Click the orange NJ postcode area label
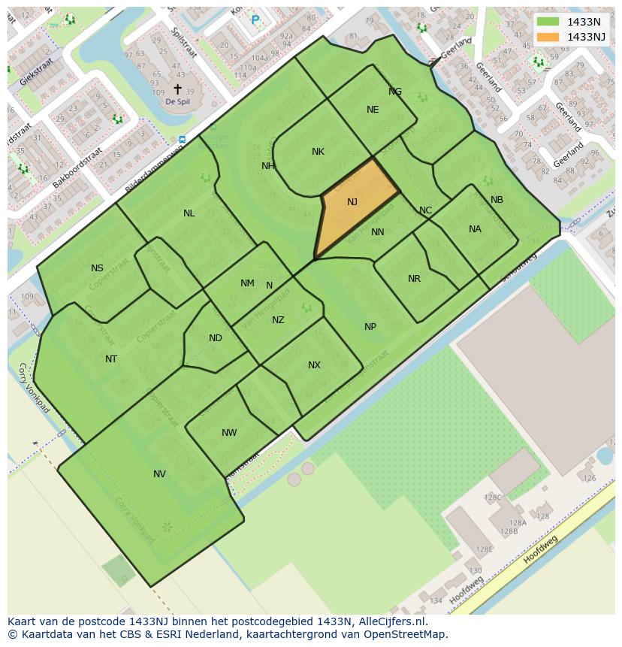(352, 201)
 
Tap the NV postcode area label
(159, 474)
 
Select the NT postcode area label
(111, 359)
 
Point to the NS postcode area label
(97, 268)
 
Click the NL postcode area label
(189, 213)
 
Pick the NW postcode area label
(229, 433)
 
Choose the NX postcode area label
(314, 365)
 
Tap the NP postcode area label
(370, 327)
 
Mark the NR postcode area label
(414, 279)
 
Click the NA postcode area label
(475, 229)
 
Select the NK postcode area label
(318, 152)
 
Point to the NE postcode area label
(373, 110)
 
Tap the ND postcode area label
(216, 338)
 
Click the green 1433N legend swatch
(548, 22)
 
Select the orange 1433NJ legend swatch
(548, 36)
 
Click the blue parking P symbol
(255, 20)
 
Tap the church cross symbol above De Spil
(177, 89)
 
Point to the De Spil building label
(177, 101)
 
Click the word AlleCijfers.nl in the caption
(391, 621)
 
